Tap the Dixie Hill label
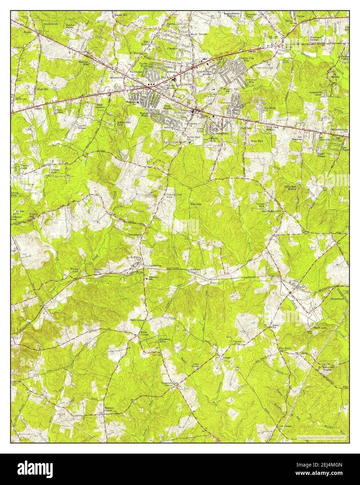(42, 89)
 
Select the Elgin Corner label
(137, 320)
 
